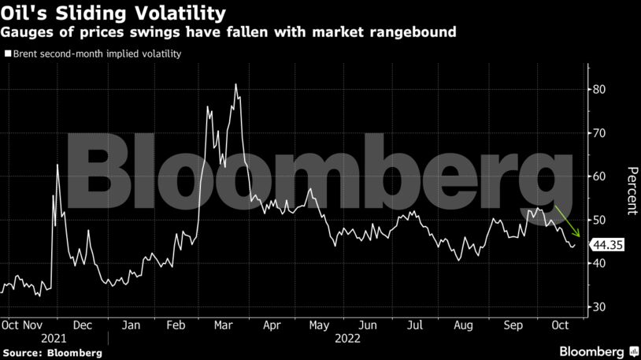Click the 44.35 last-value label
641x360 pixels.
(608, 245)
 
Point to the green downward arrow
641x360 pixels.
(568, 221)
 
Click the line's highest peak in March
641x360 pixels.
(235, 84)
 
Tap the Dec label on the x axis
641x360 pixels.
(82, 324)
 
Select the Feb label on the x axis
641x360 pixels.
(178, 324)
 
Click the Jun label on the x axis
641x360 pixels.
(366, 324)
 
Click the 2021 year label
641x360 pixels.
(54, 336)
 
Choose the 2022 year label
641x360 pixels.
(348, 336)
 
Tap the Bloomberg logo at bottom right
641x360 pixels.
(598, 351)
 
